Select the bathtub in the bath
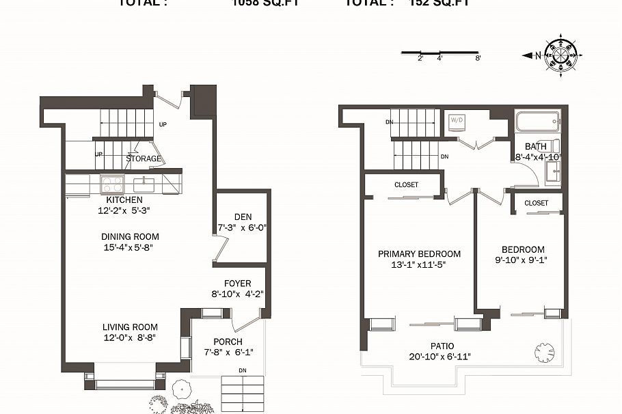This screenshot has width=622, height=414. [537, 124]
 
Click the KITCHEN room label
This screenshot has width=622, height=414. [124, 199]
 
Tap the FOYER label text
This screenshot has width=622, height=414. [237, 284]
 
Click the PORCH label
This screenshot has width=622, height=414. [228, 342]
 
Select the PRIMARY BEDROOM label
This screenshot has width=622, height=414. [419, 254]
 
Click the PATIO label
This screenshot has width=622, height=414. [442, 346]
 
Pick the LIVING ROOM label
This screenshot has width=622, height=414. [130, 327]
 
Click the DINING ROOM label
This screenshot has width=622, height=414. [130, 237]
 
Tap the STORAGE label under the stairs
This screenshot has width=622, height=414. [144, 159]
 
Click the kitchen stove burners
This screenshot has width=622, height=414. [111, 184]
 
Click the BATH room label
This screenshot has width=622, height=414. [535, 147]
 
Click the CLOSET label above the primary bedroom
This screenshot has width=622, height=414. [406, 185]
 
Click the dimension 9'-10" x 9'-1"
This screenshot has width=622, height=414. [523, 260]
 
